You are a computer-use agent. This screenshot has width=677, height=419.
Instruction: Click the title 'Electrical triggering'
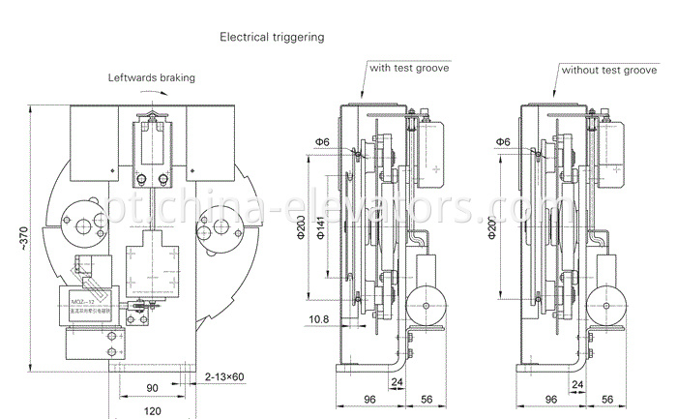(272, 37)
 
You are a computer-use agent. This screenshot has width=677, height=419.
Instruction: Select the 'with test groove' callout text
(405, 70)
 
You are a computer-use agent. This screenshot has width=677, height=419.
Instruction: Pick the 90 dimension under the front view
(152, 388)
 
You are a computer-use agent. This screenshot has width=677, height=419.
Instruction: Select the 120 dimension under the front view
(153, 411)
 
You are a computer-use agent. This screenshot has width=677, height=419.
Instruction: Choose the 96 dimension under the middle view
(368, 398)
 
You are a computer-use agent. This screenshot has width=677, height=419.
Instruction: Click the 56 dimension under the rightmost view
(607, 398)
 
